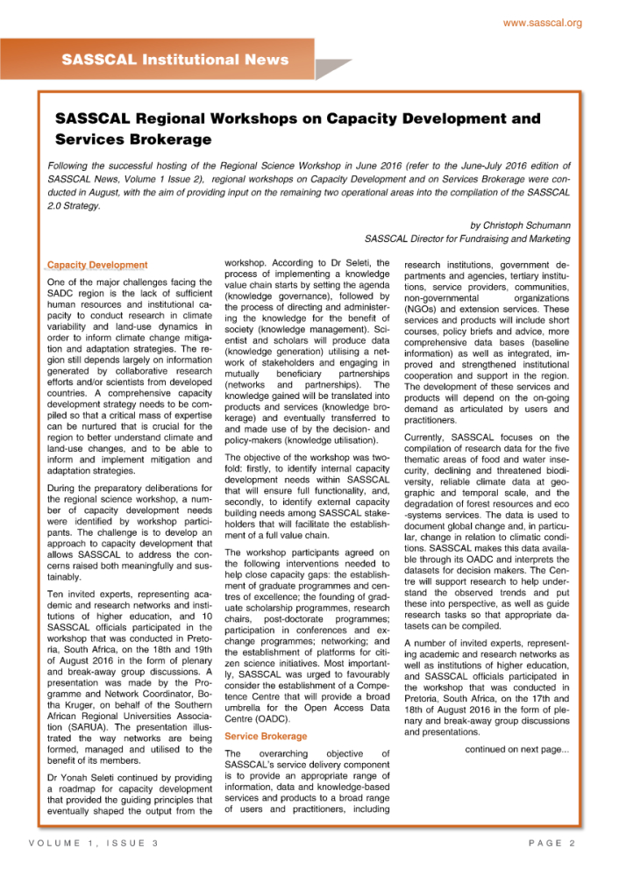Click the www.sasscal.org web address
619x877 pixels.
[542, 22]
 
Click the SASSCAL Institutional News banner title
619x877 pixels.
[174, 60]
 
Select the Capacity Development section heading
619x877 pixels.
[96, 265]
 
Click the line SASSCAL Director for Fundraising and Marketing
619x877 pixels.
[466, 239]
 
